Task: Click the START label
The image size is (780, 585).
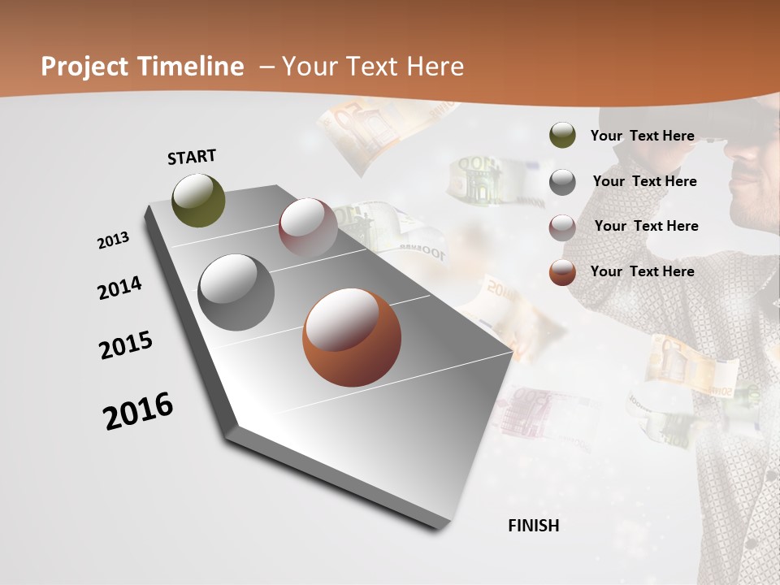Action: coord(192,157)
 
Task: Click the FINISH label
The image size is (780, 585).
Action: coord(534,526)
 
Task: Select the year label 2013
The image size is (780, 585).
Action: coord(113,240)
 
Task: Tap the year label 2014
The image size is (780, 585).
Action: coord(119,288)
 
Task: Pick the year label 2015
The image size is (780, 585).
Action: coord(126,346)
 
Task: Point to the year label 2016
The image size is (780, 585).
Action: coord(138,411)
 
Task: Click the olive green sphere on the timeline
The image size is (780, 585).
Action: coord(199,200)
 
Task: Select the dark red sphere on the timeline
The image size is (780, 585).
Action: coord(308,227)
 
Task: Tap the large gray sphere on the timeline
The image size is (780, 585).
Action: coord(236,292)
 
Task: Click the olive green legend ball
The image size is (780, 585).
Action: coord(562,136)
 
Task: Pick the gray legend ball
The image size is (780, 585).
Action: coord(562,182)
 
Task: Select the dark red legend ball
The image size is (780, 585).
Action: coord(562,227)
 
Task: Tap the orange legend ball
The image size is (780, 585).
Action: coord(562,272)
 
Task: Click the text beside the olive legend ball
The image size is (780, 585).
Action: coord(642,136)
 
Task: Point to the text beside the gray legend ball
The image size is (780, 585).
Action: coord(644,181)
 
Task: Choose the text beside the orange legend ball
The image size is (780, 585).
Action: coord(642,271)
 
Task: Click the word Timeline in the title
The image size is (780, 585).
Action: coord(192,67)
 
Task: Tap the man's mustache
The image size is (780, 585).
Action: coord(744,173)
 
